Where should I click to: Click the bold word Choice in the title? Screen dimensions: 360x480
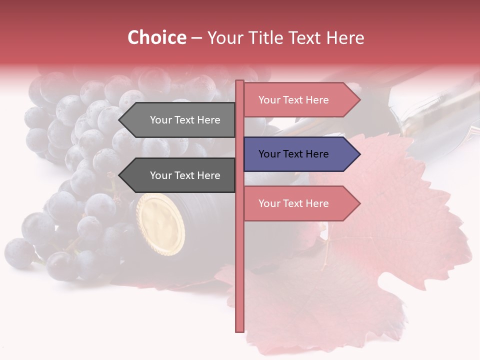pos(156,38)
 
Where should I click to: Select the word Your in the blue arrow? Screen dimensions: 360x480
pos(268,154)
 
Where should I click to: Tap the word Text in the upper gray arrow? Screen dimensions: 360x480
pos(185,120)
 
